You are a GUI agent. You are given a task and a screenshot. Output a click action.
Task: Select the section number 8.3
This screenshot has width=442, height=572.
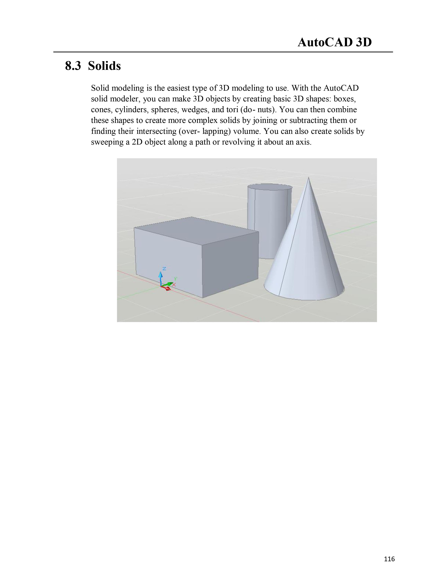pyautogui.click(x=73, y=66)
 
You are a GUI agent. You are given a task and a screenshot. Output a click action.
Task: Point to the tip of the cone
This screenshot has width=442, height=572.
pyautogui.click(x=309, y=178)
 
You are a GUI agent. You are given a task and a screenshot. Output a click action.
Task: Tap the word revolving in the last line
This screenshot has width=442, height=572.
pyautogui.click(x=237, y=142)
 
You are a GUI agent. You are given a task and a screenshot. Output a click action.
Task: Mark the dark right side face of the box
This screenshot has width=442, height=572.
pyautogui.click(x=230, y=265)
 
